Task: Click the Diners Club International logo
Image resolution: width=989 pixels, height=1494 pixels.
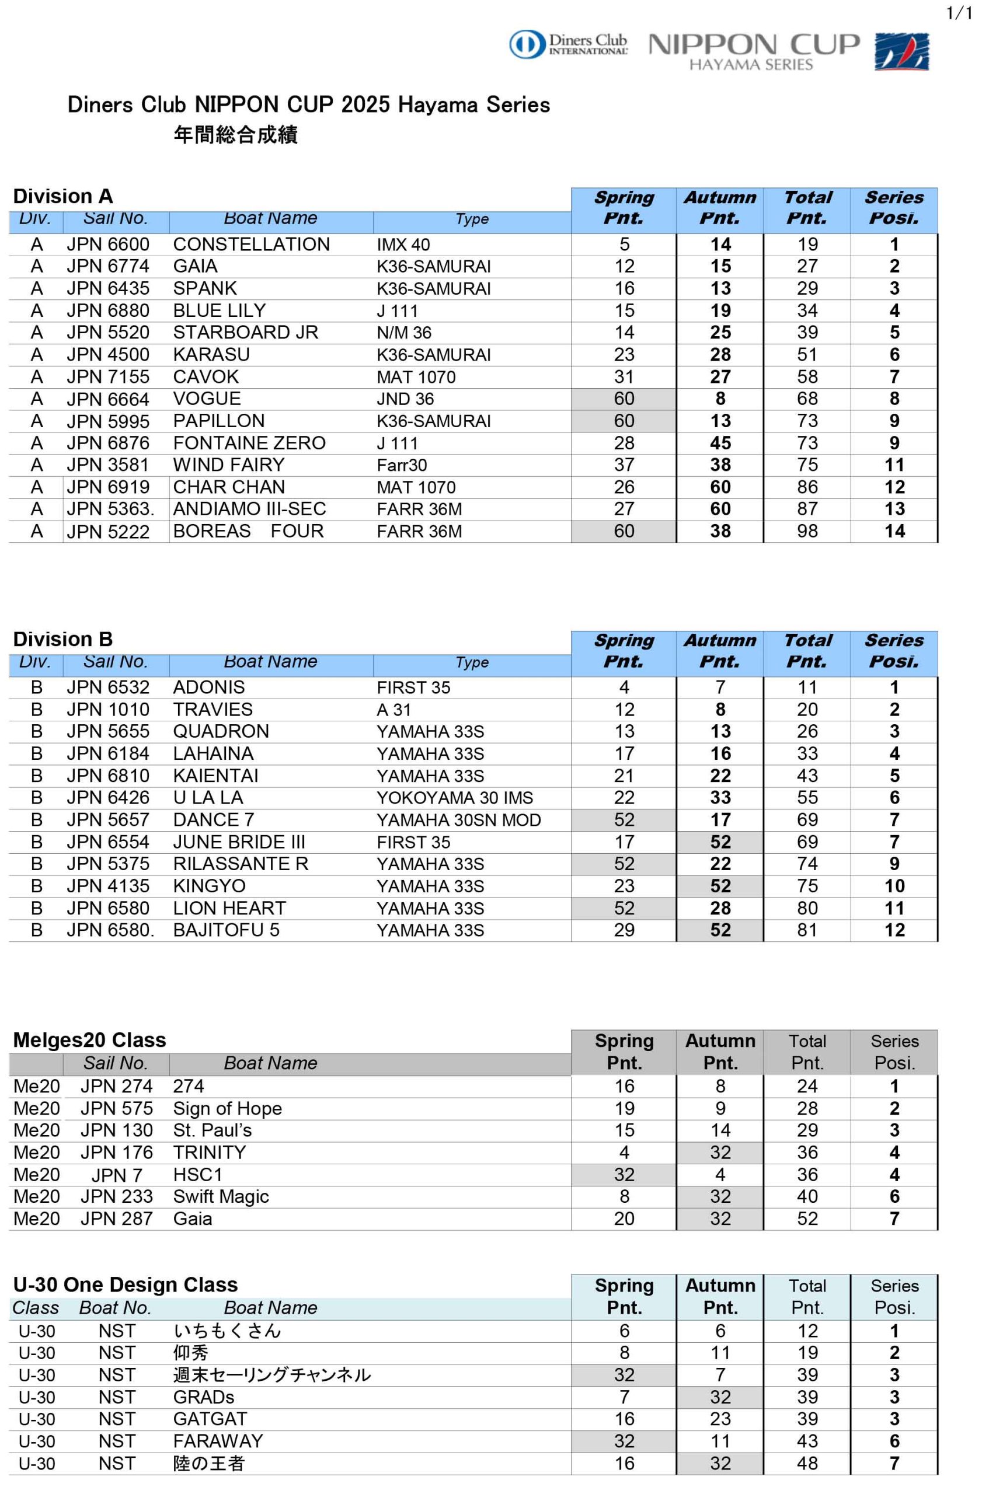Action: tap(567, 45)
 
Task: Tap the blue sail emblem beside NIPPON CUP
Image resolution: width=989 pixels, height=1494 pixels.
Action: tap(901, 52)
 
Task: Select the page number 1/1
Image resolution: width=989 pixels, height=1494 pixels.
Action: tap(959, 13)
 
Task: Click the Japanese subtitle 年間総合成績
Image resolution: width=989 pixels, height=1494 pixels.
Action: tap(235, 134)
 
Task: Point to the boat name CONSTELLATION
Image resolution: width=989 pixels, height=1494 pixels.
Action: tap(251, 245)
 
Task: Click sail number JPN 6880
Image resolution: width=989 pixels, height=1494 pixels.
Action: tap(108, 311)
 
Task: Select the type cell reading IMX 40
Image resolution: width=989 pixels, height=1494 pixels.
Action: tap(403, 245)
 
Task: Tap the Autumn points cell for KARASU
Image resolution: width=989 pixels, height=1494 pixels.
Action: tap(720, 355)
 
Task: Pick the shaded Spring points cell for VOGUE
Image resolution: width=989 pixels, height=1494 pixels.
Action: tap(624, 399)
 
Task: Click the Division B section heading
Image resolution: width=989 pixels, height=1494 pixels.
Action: tap(62, 639)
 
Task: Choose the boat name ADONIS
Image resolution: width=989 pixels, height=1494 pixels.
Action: tap(209, 687)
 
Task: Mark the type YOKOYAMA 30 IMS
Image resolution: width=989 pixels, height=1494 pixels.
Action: tap(454, 798)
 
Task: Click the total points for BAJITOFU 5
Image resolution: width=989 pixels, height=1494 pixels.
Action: tap(807, 930)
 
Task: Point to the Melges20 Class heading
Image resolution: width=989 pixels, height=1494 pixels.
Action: tap(89, 1039)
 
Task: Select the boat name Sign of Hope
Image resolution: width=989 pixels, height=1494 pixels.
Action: tap(227, 1108)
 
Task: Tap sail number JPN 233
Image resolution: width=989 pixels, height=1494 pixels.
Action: tap(116, 1196)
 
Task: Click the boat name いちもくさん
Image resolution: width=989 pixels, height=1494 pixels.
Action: tap(227, 1331)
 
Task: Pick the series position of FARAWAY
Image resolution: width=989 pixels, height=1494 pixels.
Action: tap(894, 1441)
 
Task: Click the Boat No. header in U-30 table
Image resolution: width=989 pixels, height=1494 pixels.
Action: tap(115, 1308)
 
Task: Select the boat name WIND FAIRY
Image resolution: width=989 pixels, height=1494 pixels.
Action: tap(228, 465)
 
